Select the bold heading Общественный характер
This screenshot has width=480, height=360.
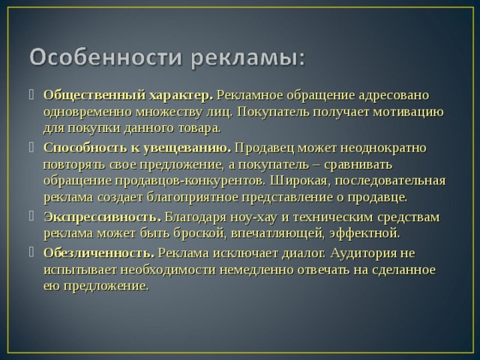[x=128, y=96]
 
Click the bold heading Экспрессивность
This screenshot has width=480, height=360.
[x=102, y=217]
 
